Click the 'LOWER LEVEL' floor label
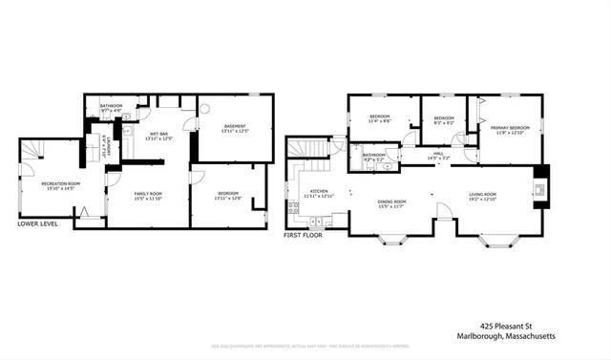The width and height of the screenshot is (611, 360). coord(37,224)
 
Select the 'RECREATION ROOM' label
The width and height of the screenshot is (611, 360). coord(60,183)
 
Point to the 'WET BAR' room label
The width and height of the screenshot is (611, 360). coord(158,134)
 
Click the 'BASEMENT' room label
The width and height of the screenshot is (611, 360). coord(235,126)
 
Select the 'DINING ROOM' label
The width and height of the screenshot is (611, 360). coord(391,201)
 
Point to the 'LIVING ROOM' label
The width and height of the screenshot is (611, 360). coord(482,195)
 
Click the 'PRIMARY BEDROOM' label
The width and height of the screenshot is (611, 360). coord(510,127)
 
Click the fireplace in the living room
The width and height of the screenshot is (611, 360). coord(541,187)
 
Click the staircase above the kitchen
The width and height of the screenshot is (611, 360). coord(310,149)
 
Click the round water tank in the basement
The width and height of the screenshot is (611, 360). coord(202,108)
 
